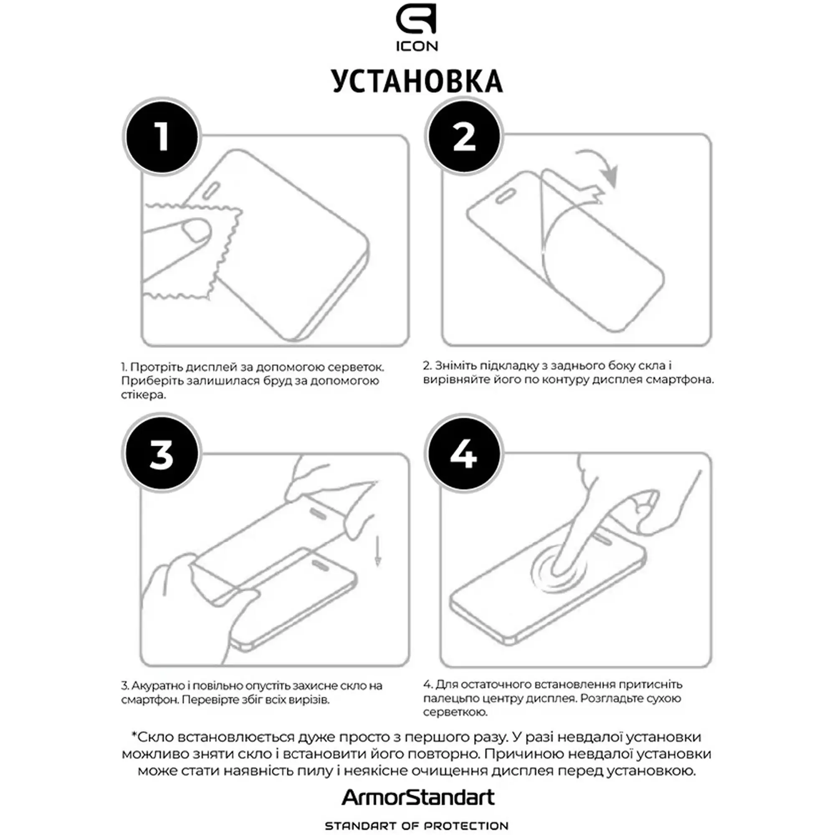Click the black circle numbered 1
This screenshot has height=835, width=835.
click(162, 137)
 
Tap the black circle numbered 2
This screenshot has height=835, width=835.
click(464, 137)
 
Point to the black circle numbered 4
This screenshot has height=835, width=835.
click(464, 454)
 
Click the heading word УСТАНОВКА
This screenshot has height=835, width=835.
click(417, 81)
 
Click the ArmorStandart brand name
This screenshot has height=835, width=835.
click(417, 797)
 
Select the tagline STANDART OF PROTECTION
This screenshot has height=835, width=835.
click(417, 826)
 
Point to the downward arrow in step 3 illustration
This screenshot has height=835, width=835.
click(378, 551)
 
